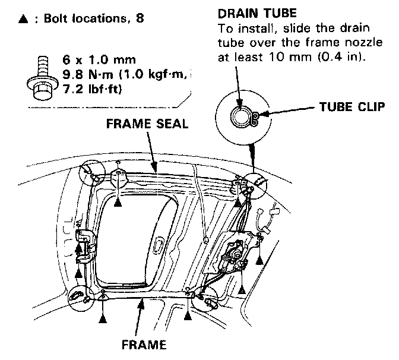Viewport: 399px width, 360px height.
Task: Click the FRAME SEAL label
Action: pyautogui.click(x=147, y=124)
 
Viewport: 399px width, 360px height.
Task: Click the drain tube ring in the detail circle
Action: pyautogui.click(x=240, y=116)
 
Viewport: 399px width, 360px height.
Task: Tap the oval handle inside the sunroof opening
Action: pyautogui.click(x=160, y=244)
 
